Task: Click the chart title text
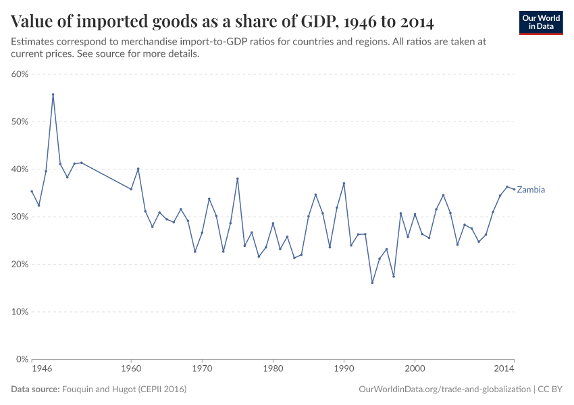(222, 22)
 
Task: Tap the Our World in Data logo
(541, 22)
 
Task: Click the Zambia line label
(531, 190)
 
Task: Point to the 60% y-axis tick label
(19, 74)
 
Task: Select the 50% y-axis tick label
(19, 122)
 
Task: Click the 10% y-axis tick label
(19, 312)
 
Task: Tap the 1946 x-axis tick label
(42, 370)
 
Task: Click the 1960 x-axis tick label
(131, 370)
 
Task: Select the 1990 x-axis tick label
(344, 370)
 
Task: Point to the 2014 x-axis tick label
(504, 370)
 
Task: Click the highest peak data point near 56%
(53, 94)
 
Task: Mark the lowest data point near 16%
(372, 283)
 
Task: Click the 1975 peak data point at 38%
(238, 179)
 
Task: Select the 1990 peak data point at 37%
(344, 183)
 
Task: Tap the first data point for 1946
(32, 191)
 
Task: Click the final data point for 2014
(514, 189)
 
